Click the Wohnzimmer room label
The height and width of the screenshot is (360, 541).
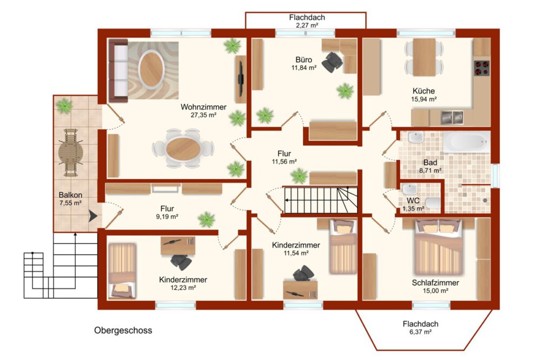pos(203,107)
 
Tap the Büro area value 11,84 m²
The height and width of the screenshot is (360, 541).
pos(304,68)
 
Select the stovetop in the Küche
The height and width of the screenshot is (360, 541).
pos(481,68)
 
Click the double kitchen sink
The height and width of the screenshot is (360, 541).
pos(452,117)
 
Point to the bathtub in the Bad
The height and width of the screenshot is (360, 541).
pos(466,141)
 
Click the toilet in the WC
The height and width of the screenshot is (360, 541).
pos(433,204)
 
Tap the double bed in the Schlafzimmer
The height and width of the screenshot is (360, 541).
pos(439,246)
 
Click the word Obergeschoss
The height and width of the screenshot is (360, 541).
pos(123,330)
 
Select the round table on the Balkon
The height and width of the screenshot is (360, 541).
pos(70,153)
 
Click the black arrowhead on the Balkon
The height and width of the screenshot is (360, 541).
pos(93,216)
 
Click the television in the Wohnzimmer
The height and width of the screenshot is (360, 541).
pos(241,79)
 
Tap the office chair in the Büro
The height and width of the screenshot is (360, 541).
pos(333,62)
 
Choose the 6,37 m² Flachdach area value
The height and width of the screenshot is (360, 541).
pos(420,332)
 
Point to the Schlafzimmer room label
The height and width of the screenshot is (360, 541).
pos(436,283)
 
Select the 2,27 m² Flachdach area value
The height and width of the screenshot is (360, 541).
pos(307,25)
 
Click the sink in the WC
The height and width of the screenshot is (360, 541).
pos(410,189)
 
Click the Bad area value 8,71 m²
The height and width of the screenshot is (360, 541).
pos(431,170)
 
